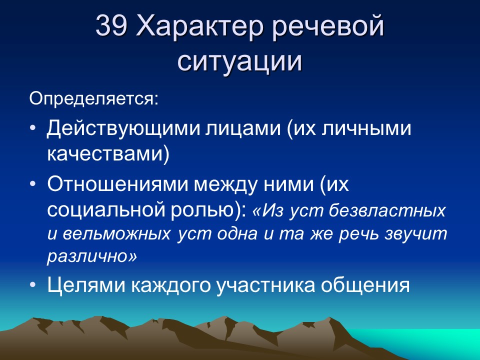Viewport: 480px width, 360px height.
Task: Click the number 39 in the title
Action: (111, 25)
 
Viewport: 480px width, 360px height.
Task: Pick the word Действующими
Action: (123, 128)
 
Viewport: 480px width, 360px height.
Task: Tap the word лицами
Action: (243, 129)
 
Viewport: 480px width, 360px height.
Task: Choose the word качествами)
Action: (108, 153)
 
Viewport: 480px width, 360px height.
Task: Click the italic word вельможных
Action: (117, 234)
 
